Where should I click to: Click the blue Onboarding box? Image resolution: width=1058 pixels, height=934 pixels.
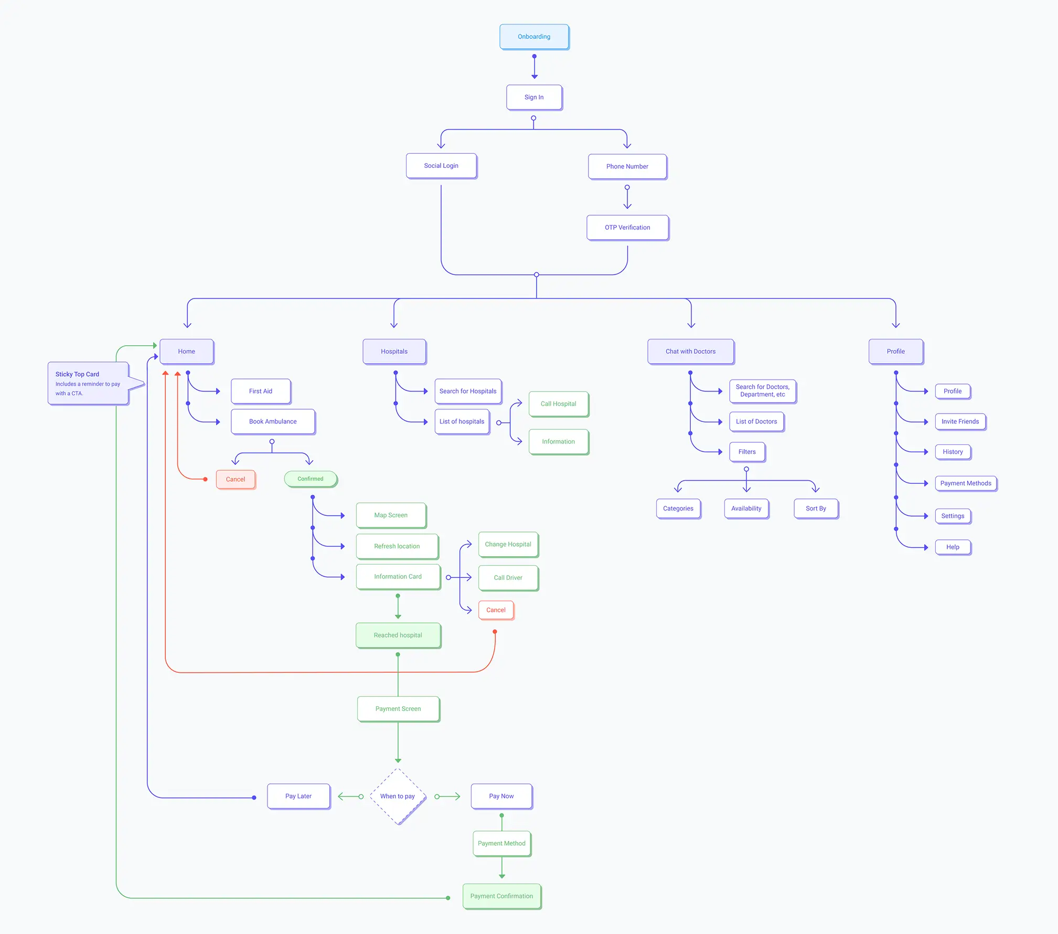(x=534, y=37)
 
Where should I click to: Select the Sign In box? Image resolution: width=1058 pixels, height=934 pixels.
(x=534, y=97)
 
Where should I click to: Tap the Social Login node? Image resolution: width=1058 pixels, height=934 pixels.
(x=441, y=166)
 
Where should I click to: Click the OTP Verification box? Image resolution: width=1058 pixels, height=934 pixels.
(x=627, y=228)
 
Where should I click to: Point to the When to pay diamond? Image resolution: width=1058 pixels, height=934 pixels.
(x=398, y=797)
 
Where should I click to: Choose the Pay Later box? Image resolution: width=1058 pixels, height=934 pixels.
(x=298, y=797)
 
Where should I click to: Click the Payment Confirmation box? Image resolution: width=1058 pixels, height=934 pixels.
(x=501, y=896)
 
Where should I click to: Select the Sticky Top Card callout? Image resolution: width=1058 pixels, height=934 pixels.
(x=88, y=384)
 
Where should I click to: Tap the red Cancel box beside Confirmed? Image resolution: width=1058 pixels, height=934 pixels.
(x=236, y=480)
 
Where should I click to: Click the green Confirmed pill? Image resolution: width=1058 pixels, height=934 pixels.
(x=311, y=479)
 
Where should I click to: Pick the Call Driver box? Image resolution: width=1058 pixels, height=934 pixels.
(x=508, y=578)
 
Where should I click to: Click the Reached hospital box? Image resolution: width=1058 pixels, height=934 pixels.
(x=398, y=635)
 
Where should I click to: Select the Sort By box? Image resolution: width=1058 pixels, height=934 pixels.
(x=816, y=508)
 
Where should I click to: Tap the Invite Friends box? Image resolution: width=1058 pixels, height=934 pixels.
(x=960, y=421)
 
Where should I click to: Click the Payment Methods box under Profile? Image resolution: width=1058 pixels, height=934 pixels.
(x=966, y=483)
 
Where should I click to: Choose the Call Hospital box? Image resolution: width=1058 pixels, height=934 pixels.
(x=558, y=404)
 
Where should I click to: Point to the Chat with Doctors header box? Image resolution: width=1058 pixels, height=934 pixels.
(x=690, y=352)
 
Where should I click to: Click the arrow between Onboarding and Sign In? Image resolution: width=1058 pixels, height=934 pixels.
(x=535, y=67)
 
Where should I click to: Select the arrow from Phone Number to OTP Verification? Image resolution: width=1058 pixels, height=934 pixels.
(x=627, y=198)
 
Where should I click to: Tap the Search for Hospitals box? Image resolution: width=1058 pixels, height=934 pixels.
(x=468, y=391)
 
